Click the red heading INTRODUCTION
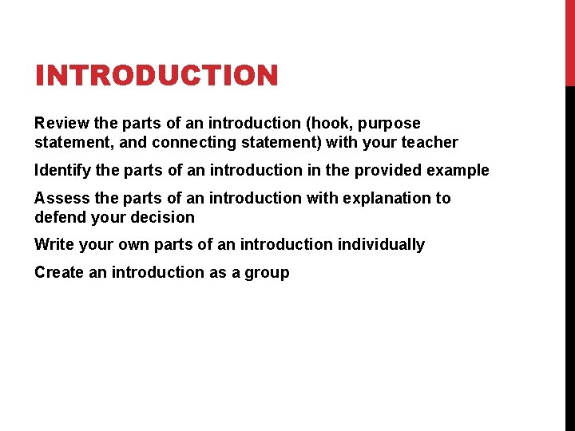[x=157, y=77]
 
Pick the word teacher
[x=429, y=143]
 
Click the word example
[x=459, y=171]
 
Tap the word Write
[x=54, y=244]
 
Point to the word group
[x=267, y=273]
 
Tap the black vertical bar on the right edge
[x=569, y=255]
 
